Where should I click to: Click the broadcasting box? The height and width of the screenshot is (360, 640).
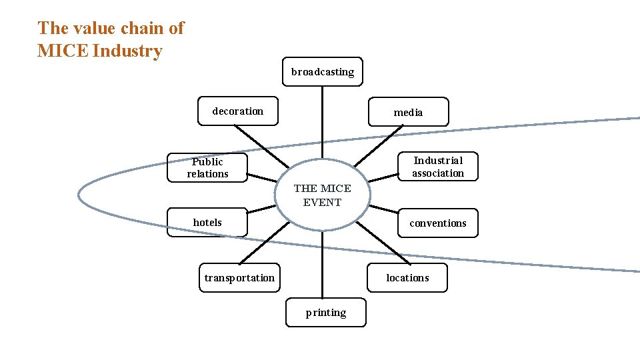[323, 72]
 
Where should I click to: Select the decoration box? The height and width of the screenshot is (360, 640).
[238, 111]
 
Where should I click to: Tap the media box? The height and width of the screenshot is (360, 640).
[408, 112]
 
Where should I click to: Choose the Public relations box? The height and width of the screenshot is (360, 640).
[207, 168]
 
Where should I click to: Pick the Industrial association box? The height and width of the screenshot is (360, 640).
[438, 167]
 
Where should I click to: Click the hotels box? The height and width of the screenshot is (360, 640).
[207, 223]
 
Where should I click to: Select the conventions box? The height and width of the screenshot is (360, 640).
[438, 223]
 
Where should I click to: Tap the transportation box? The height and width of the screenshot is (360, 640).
[239, 278]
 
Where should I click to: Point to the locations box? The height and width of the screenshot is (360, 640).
[407, 278]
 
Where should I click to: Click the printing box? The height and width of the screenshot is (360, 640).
[326, 313]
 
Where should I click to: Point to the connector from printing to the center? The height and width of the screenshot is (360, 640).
[323, 263]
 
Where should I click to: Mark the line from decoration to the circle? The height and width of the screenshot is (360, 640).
[263, 147]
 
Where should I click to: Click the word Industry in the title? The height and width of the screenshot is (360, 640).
[127, 51]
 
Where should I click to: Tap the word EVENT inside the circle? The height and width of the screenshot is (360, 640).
[322, 203]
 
